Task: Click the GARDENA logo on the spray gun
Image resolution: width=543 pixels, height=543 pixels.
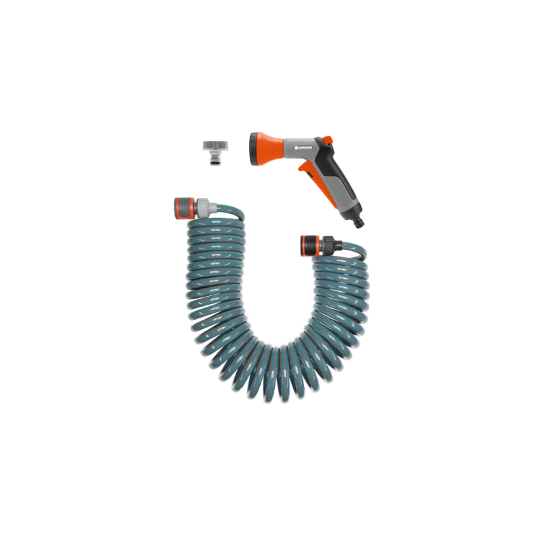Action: coord(303,147)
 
